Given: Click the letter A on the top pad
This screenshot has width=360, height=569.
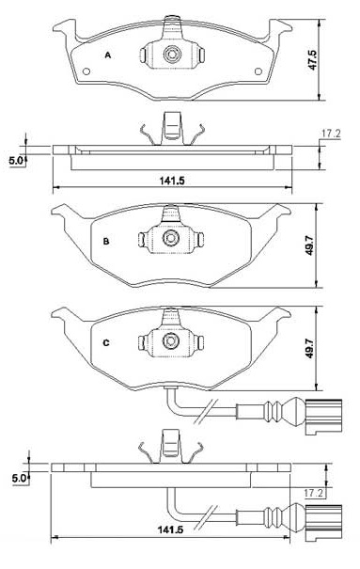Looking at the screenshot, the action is pos(108,55).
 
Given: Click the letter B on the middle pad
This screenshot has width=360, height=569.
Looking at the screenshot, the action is pos(106,242).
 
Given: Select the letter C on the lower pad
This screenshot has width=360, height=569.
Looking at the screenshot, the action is pos(106,343).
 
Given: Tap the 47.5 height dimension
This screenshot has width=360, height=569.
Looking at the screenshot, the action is pos(312,60).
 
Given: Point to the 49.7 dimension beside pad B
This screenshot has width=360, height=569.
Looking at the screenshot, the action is pos(309,245).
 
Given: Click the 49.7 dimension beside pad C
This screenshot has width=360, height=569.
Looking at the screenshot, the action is pos(309,348).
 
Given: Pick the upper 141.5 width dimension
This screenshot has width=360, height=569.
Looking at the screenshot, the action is pos(172,181).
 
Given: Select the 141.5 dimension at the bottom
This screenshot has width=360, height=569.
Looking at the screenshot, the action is pos(170,529).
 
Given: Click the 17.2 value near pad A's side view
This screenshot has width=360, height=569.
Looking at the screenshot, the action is pos(331,134).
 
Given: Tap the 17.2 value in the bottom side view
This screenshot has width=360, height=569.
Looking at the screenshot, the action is pos(313,493).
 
